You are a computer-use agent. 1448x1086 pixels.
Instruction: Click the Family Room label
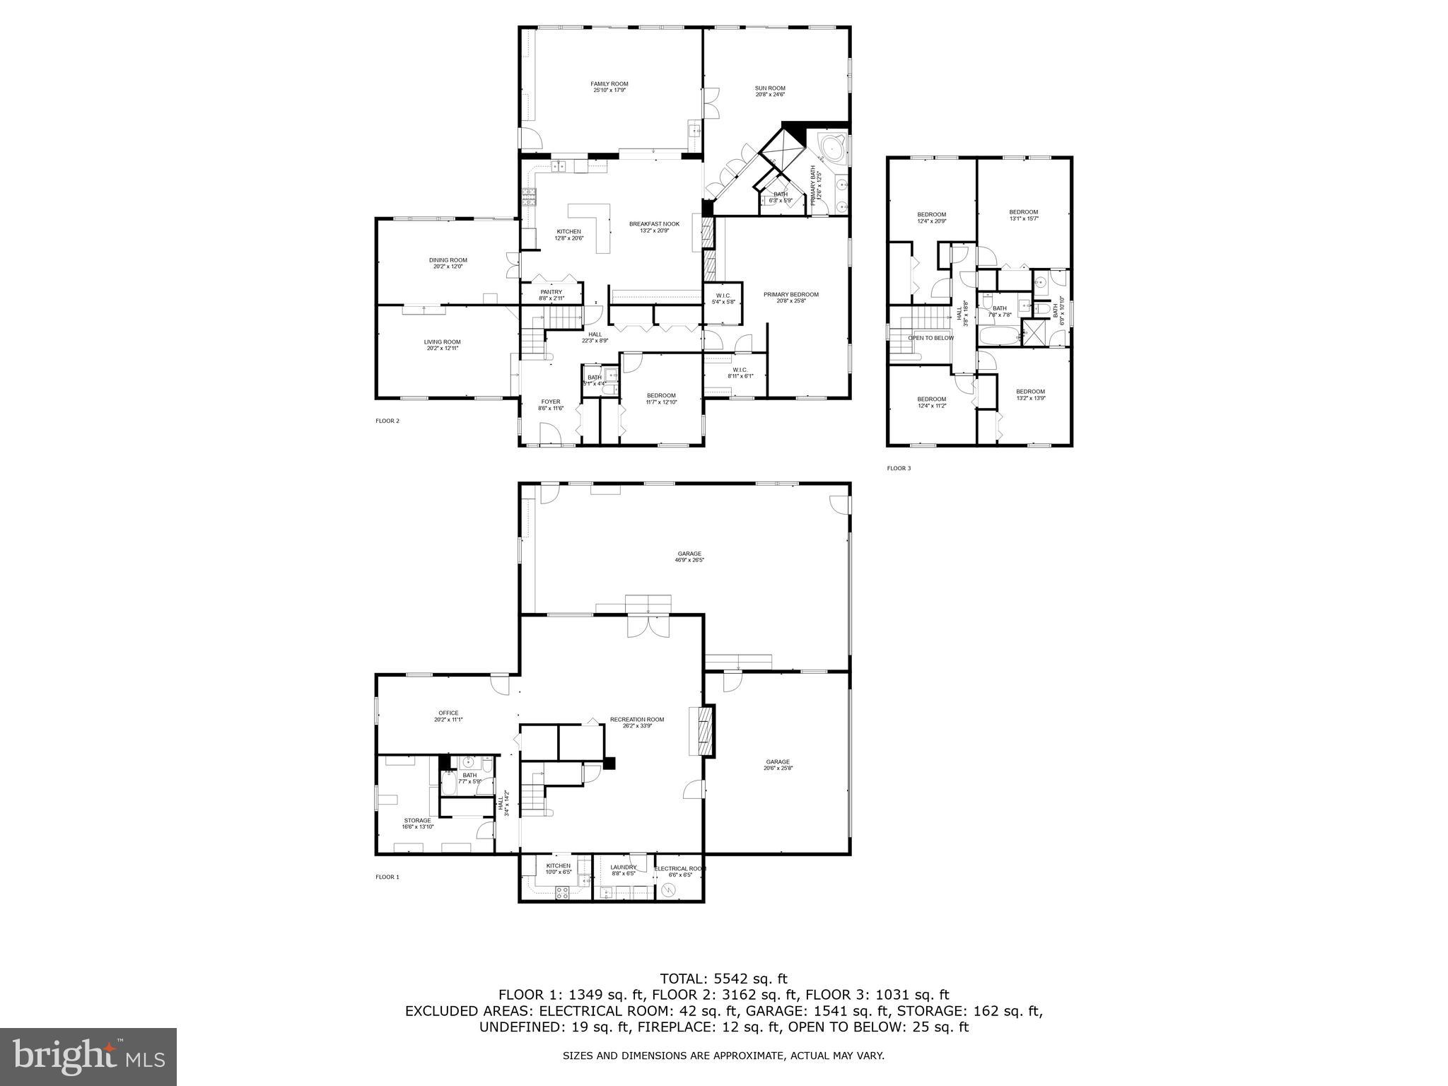pyautogui.click(x=609, y=84)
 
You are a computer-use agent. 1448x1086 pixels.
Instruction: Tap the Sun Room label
pyautogui.click(x=769, y=88)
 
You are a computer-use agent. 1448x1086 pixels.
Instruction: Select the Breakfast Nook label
pyautogui.click(x=654, y=224)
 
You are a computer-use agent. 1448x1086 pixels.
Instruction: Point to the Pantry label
pyautogui.click(x=551, y=292)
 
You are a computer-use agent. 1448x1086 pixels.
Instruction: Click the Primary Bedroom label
pyautogui.click(x=790, y=295)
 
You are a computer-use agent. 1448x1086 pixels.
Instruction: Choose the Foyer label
pyautogui.click(x=550, y=402)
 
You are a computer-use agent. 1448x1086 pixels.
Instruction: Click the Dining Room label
pyautogui.click(x=448, y=260)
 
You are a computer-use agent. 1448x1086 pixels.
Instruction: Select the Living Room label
pyautogui.click(x=442, y=342)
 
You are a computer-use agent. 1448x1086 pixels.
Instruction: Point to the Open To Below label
pyautogui.click(x=930, y=338)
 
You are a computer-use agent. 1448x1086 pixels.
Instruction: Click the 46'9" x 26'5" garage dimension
pyautogui.click(x=689, y=560)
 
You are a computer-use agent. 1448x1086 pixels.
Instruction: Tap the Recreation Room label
pyautogui.click(x=637, y=720)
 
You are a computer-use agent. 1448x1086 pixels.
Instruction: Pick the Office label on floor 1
pyautogui.click(x=448, y=713)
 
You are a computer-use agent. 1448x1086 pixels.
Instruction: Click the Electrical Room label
pyautogui.click(x=679, y=869)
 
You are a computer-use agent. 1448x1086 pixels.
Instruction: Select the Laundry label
pyautogui.click(x=624, y=868)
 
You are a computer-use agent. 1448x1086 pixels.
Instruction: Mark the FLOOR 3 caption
pyautogui.click(x=899, y=468)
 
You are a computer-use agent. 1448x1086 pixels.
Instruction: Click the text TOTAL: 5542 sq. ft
pyautogui.click(x=723, y=979)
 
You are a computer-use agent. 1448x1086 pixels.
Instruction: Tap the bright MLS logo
pyautogui.click(x=88, y=1056)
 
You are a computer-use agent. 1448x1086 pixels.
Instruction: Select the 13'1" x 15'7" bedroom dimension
pyautogui.click(x=1023, y=218)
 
